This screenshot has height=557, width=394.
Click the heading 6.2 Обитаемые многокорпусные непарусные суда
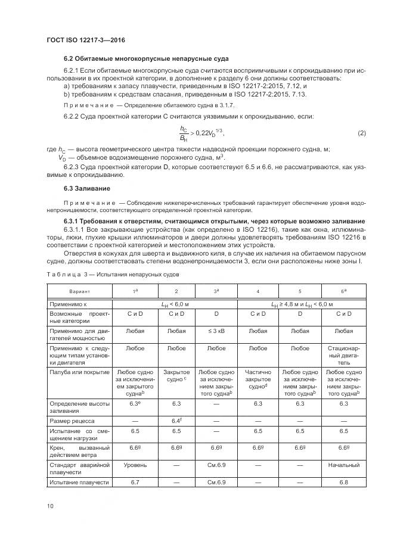(146, 58)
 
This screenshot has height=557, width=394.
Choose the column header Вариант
(79, 292)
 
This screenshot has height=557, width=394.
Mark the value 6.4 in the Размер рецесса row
(176, 421)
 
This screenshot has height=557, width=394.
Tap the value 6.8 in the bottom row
(343, 481)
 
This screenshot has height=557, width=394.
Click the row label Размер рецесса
(73, 421)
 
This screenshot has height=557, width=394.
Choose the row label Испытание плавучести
(79, 481)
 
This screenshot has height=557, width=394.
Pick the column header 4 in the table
(258, 292)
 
